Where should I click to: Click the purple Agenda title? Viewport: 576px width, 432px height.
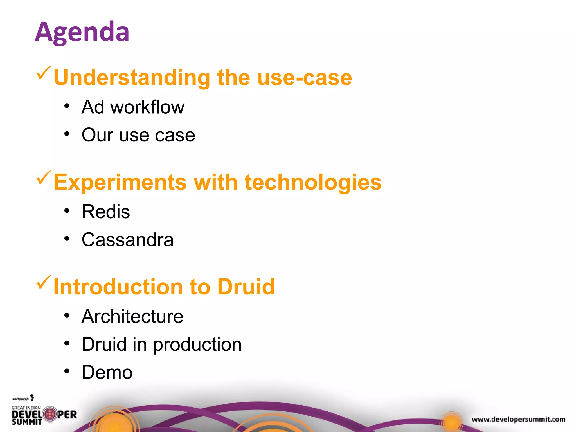pyautogui.click(x=82, y=32)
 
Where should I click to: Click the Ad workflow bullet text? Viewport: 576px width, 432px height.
pyautogui.click(x=133, y=107)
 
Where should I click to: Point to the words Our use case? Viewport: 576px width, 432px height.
pyautogui.click(x=138, y=135)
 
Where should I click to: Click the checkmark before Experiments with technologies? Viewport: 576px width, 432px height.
pyautogui.click(x=44, y=178)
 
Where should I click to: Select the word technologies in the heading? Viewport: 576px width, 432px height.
pyautogui.click(x=313, y=183)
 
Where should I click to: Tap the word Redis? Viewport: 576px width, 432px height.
pyautogui.click(x=106, y=212)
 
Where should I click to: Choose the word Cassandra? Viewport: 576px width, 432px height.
pyautogui.click(x=127, y=240)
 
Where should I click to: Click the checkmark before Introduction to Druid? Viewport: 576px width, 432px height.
pyautogui.click(x=44, y=283)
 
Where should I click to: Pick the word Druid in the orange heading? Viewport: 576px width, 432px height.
pyautogui.click(x=246, y=287)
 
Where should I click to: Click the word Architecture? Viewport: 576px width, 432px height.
pyautogui.click(x=132, y=317)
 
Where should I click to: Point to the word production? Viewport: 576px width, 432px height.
pyautogui.click(x=197, y=345)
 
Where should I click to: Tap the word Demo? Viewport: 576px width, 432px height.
pyautogui.click(x=107, y=373)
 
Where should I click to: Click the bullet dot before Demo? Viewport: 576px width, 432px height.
pyautogui.click(x=67, y=371)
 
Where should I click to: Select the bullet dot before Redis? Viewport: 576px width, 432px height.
pyautogui.click(x=67, y=210)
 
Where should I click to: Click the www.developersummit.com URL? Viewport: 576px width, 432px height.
pyautogui.click(x=518, y=419)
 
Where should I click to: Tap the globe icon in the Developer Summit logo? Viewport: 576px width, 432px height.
pyautogui.click(x=50, y=414)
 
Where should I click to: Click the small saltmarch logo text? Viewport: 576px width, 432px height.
pyautogui.click(x=21, y=399)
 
